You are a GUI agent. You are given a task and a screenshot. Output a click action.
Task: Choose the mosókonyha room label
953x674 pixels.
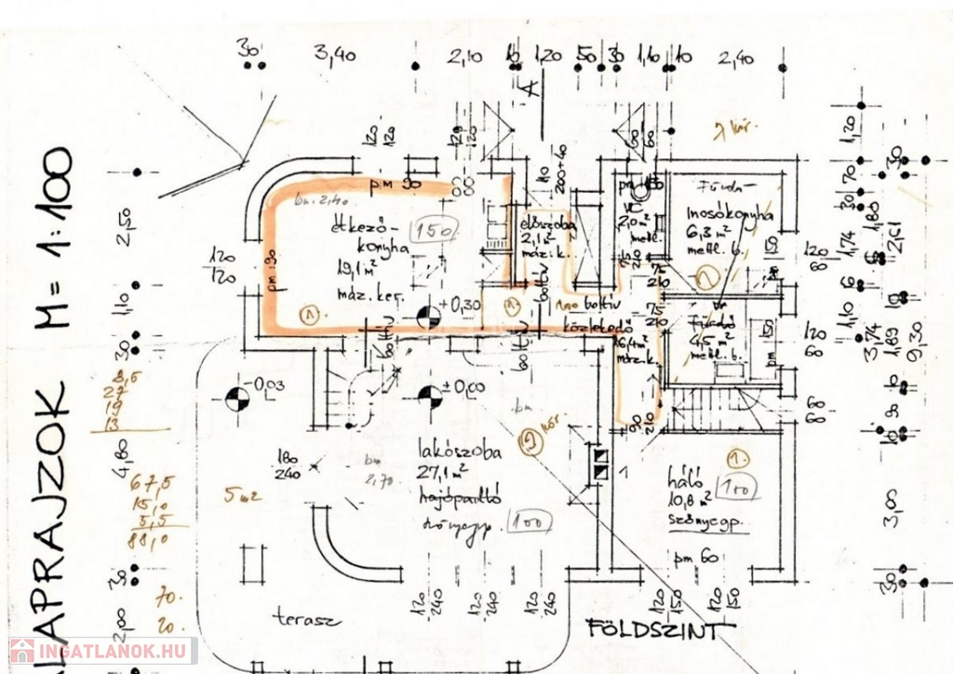[730, 213]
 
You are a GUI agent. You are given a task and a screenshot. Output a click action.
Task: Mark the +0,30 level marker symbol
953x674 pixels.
[428, 317]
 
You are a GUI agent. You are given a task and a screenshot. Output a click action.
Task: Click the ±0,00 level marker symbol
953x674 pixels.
[430, 397]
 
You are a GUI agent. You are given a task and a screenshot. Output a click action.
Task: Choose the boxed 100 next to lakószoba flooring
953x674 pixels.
[529, 521]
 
